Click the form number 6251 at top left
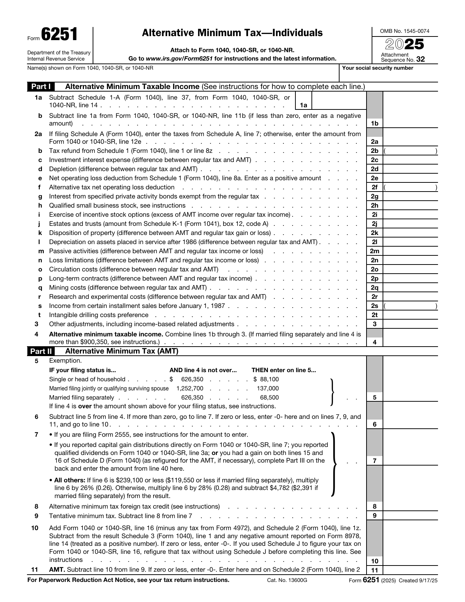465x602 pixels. (59, 35)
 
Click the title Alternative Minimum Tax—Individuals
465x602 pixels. (232, 33)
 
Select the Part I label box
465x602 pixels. (40, 87)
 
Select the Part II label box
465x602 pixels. (40, 351)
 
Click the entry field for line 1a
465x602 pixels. (338, 101)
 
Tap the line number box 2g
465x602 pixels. (374, 197)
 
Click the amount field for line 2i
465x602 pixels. (410, 215)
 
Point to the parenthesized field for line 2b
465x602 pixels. (410, 151)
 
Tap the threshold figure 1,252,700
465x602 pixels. (190, 389)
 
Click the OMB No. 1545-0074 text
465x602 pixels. (404, 31)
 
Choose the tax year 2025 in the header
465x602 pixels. (404, 45)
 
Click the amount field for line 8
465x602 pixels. (410, 506)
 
